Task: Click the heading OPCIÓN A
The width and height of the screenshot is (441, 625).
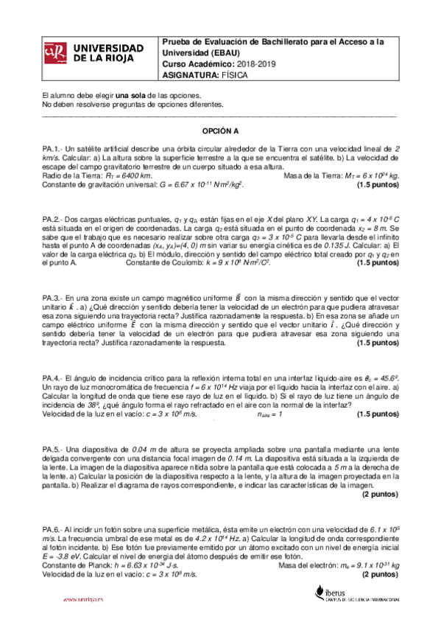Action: click(x=221, y=129)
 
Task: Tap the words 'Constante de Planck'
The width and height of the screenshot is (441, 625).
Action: click(x=74, y=564)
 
